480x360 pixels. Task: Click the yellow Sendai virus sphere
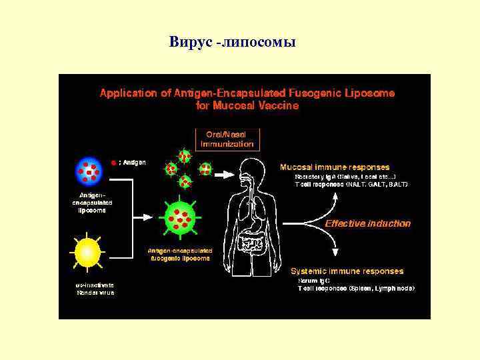pos(87,252)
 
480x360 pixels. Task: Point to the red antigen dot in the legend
pos(114,162)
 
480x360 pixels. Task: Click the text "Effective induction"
pos(367,224)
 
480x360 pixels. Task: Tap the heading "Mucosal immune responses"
pos(335,167)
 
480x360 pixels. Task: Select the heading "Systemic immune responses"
pos(347,271)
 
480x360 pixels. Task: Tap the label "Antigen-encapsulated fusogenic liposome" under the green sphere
pos(179,254)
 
